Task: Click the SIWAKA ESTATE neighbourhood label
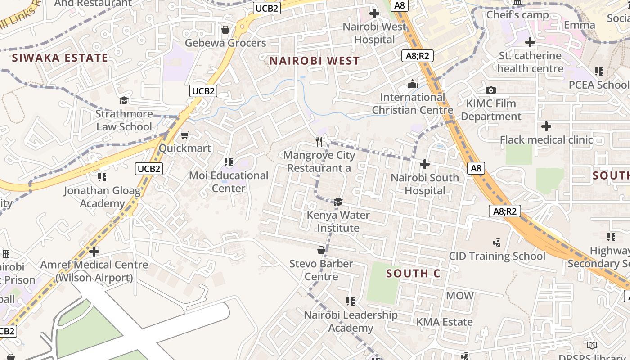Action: tap(60, 58)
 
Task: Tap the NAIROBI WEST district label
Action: tap(315, 61)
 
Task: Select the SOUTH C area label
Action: tap(413, 274)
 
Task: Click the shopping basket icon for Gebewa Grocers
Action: tap(225, 30)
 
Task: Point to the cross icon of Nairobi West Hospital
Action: tap(374, 13)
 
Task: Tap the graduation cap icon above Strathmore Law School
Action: tap(124, 100)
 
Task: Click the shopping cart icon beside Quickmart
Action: tap(184, 135)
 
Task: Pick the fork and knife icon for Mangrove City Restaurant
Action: tap(319, 142)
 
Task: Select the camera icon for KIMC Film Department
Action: tap(491, 90)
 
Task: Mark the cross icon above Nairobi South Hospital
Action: tap(424, 164)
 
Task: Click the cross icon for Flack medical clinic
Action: tap(546, 126)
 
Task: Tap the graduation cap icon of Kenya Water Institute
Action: tap(338, 202)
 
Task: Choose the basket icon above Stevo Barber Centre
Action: tap(321, 250)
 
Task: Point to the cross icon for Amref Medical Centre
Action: tap(94, 251)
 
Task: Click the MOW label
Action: tap(459, 296)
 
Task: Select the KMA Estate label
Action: tap(444, 322)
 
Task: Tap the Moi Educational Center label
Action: tap(229, 182)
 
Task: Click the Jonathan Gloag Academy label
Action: tap(102, 197)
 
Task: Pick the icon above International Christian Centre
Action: tap(412, 84)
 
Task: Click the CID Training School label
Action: tap(497, 256)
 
